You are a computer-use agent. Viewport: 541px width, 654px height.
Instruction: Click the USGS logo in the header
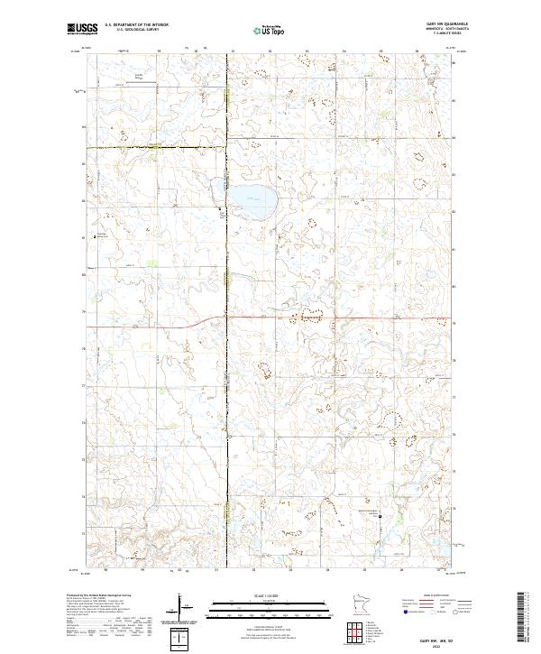coord(82,29)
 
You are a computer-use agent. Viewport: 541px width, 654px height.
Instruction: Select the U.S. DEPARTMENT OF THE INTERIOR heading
coord(136,22)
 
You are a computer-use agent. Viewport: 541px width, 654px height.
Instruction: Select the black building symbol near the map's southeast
coord(380,517)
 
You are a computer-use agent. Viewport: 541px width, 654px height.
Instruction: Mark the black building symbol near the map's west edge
coord(96,236)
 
